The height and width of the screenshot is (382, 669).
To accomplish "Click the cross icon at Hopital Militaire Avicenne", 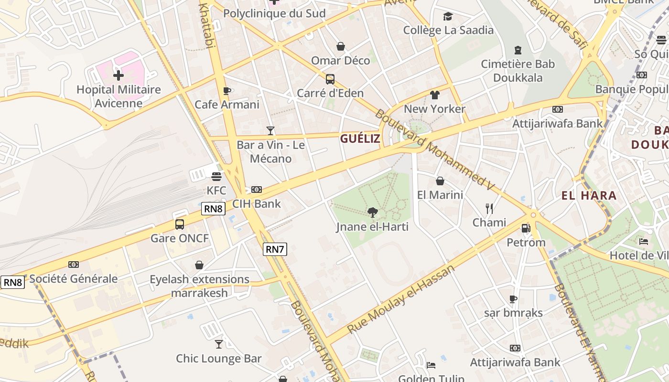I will [118, 75].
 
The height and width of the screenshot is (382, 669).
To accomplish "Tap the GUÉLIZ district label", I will [360, 139].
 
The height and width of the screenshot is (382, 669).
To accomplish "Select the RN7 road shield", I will [275, 249].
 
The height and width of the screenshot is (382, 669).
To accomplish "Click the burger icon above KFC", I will [216, 176].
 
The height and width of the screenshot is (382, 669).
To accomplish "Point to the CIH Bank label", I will [257, 204].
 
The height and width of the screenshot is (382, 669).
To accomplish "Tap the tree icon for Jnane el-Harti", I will [373, 212].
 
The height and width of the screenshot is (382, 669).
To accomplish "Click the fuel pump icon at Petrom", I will [526, 228].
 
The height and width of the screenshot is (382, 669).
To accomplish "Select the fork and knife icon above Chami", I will [489, 208].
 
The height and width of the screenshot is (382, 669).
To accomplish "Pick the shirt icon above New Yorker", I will [434, 95].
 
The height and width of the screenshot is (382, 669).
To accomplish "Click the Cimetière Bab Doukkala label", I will [518, 71].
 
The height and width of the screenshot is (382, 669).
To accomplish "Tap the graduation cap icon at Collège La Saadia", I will [448, 17].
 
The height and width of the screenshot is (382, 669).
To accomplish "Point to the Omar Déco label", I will [340, 61].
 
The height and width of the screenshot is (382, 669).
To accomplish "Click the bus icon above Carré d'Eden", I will [330, 79].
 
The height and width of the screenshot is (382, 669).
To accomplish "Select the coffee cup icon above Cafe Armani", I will [227, 91].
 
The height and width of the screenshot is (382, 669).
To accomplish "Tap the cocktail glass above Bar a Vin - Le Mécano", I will [270, 130].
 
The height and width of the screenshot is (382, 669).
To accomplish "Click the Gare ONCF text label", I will [180, 238].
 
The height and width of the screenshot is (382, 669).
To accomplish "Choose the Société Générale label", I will [74, 279].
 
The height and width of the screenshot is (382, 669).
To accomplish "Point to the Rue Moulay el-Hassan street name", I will [401, 299].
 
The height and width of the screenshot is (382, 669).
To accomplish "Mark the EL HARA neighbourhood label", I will [589, 195].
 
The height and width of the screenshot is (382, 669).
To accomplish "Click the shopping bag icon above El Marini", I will [440, 181].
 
